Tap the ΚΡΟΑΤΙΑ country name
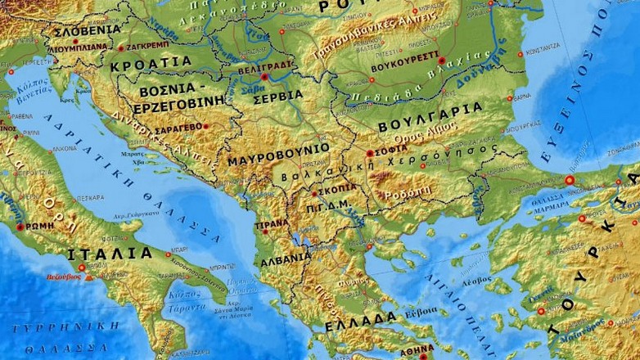tap(151, 62)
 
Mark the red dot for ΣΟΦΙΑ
tap(370, 153)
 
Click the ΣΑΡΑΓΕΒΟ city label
tap(178, 127)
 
